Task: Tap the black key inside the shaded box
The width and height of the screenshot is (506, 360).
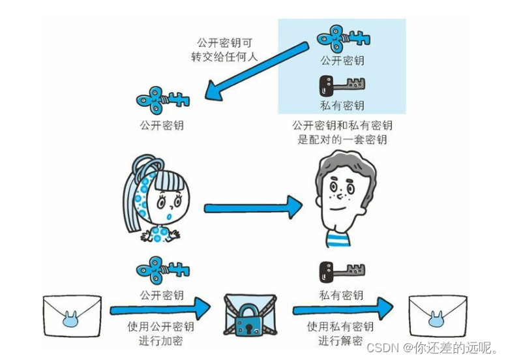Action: tap(341, 85)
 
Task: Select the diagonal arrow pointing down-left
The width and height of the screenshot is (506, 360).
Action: tap(257, 71)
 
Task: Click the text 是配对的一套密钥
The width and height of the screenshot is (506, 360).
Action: tap(342, 140)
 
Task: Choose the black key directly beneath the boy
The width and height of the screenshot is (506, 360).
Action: tap(341, 270)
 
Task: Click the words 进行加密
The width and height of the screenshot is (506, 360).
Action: tap(161, 340)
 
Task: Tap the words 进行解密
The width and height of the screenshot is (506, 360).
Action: tap(341, 340)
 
